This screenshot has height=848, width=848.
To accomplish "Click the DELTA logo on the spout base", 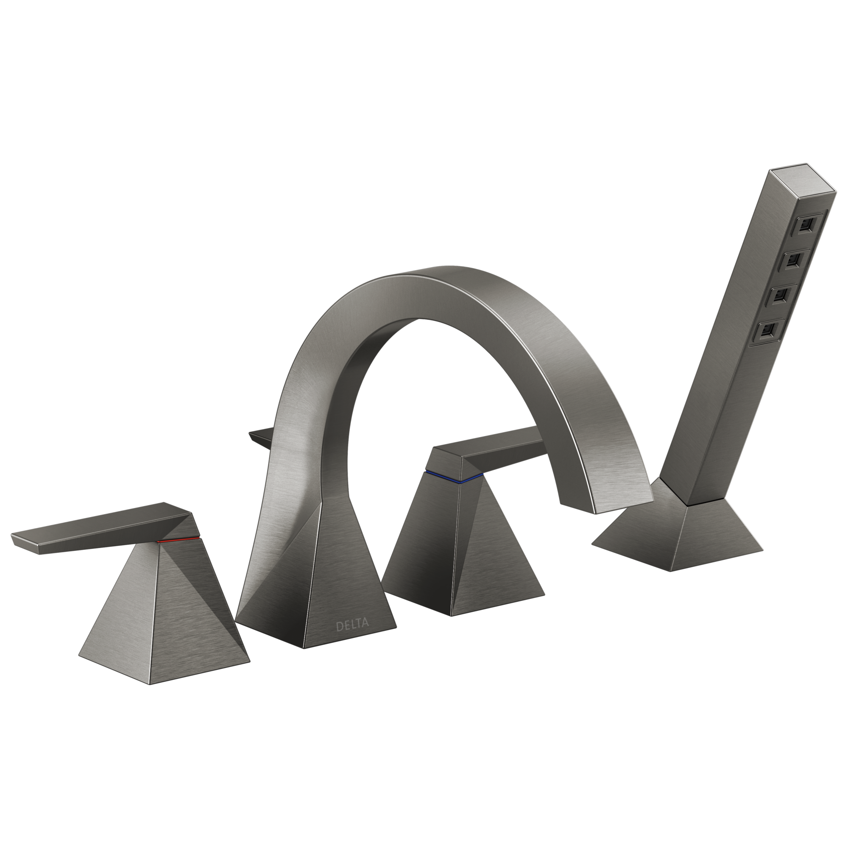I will [352, 625].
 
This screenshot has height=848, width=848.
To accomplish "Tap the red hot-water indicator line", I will [178, 540].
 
